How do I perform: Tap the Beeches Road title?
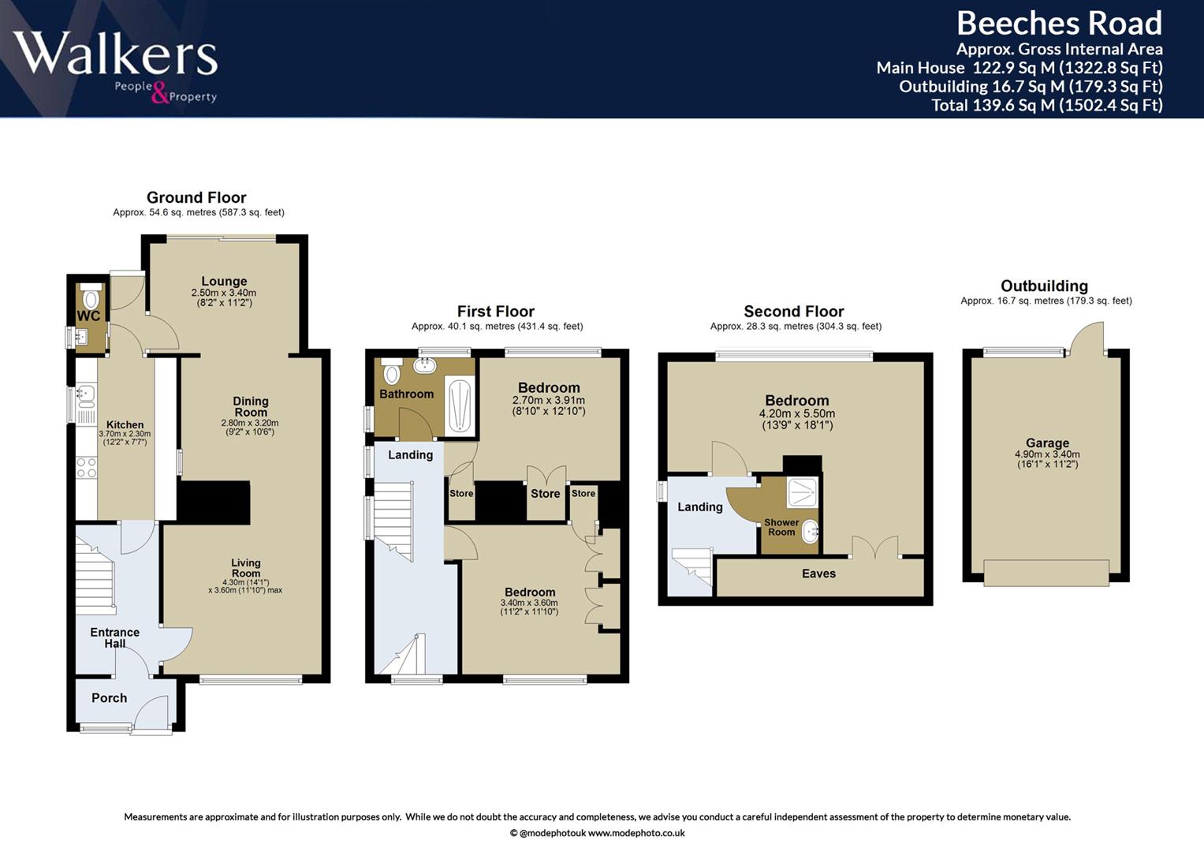coord(1059,23)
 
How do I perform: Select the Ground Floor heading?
coord(196,197)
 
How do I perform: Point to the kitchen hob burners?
coord(87,467)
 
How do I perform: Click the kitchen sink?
coord(85,396)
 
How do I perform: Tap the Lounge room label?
coord(224,281)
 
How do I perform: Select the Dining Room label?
coord(251,406)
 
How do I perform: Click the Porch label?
coord(109,697)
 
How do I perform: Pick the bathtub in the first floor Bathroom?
coord(460,405)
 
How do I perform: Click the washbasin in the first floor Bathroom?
coord(425,366)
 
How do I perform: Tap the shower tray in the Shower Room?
coord(803,492)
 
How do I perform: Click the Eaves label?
coord(818,574)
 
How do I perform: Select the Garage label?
coord(1048,443)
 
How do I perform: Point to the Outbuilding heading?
coord(1045,286)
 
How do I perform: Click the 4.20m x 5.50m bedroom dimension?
coord(797,413)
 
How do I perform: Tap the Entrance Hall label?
coord(114,638)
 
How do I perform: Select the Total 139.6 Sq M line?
coord(1047,105)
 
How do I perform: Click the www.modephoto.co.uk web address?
coord(636,833)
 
